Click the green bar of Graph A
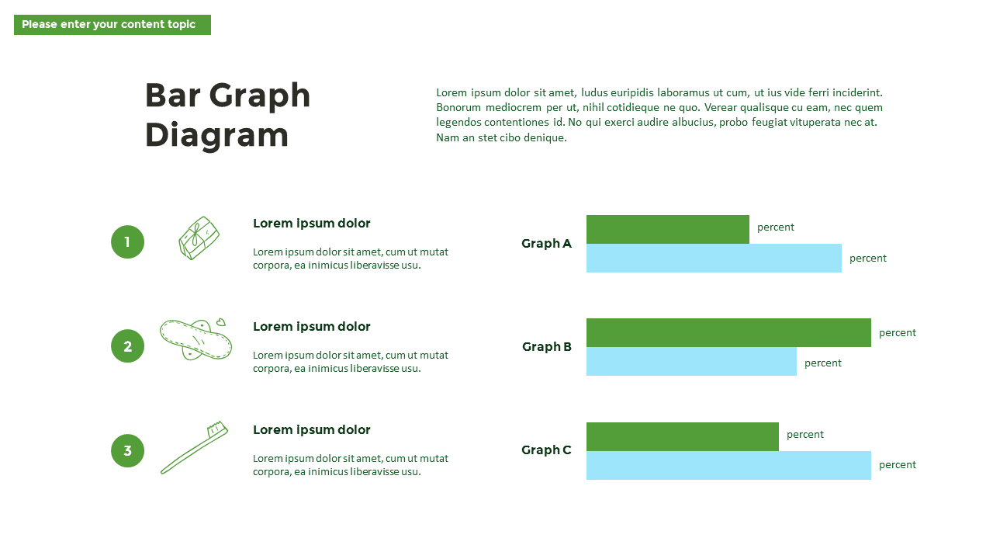point(668,229)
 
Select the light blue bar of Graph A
point(714,258)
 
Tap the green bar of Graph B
point(728,332)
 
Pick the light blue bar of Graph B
point(691,361)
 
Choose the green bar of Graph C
point(682,436)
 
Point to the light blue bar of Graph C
point(728,465)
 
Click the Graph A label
point(546,244)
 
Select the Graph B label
point(547,346)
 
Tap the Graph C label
point(546,450)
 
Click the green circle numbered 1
point(128,241)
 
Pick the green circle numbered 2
point(128,346)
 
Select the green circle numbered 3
point(128,450)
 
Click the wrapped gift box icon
point(199,238)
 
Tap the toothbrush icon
point(194,448)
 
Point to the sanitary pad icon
point(195,339)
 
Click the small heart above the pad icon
point(221,322)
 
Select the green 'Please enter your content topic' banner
point(112,25)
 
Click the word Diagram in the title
point(216,135)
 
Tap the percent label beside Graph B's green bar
point(898,333)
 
